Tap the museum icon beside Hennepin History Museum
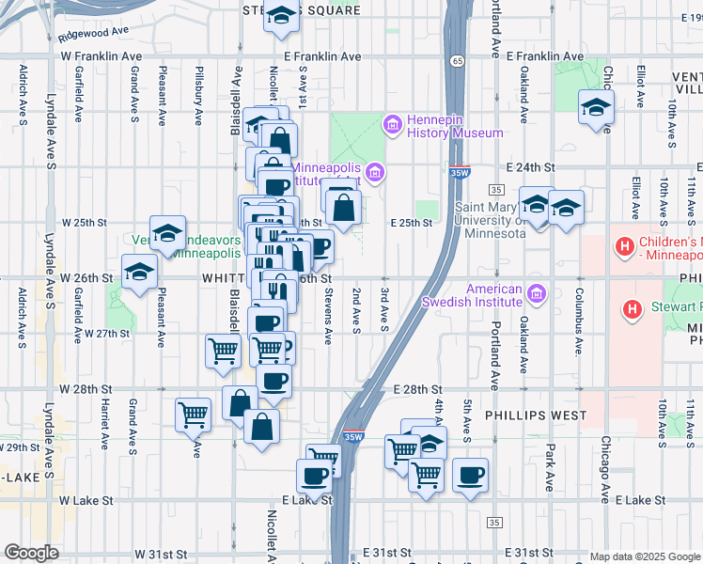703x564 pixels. (x=392, y=124)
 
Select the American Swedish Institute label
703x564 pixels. (x=472, y=295)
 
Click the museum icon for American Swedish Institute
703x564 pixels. (x=537, y=295)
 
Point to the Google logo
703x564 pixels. (x=31, y=553)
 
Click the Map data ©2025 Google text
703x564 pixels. (x=644, y=556)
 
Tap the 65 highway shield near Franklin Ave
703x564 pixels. (x=456, y=61)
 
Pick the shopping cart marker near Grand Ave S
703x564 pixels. (x=193, y=413)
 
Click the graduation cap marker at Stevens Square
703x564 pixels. (x=280, y=17)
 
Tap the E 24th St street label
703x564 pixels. (x=531, y=166)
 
